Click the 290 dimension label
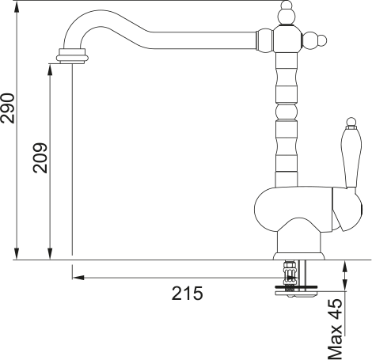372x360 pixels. [7, 108]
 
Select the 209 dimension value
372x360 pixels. [40, 158]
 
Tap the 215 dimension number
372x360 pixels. [188, 293]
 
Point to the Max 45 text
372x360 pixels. [335, 328]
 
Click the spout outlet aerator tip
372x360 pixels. [72, 56]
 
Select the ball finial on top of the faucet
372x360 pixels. [287, 13]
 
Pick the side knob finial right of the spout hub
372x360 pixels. [314, 41]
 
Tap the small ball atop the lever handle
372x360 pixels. [351, 122]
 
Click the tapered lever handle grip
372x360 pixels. [351, 157]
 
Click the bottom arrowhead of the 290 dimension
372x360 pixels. [17, 254]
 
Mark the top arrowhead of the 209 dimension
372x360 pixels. [50, 70]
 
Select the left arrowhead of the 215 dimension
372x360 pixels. [78, 278]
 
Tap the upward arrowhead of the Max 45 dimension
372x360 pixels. [344, 267]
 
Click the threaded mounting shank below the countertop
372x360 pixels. [290, 274]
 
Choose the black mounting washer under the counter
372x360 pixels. [296, 287]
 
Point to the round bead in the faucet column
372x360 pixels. [287, 112]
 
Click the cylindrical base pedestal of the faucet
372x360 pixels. [298, 243]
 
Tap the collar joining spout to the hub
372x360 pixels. [264, 40]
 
